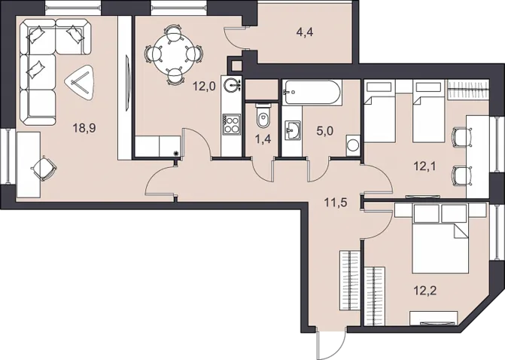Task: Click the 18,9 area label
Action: tap(85, 129)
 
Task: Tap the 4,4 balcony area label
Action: tap(305, 32)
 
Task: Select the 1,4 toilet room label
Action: tap(263, 139)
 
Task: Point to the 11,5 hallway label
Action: tap(336, 203)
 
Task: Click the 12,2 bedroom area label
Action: tap(425, 291)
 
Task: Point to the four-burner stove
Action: tap(231, 124)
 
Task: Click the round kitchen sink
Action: tap(233, 85)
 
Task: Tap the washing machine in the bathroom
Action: tap(354, 145)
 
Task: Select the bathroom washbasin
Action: tap(293, 131)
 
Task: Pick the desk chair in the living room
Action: tap(44, 168)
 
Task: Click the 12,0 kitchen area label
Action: tap(205, 87)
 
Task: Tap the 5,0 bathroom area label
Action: tap(324, 131)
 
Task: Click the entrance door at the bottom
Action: tap(331, 343)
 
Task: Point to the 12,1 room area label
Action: tap(425, 167)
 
